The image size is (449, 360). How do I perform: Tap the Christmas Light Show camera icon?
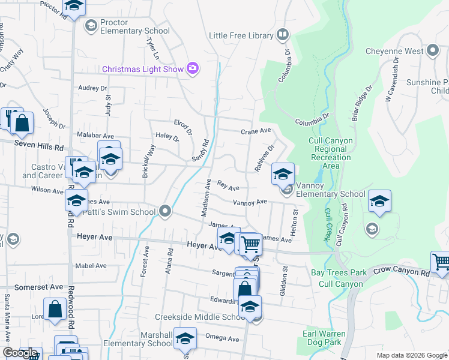pos(193,68)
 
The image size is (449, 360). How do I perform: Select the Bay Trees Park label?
pos(339,272)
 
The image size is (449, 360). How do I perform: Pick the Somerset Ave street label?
pos(38,287)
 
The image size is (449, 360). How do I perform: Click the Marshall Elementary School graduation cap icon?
pos(185,338)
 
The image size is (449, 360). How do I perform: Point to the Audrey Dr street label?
pos(92,88)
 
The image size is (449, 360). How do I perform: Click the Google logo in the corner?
pos(19,353)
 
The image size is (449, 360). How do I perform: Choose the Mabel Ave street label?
pos(91,265)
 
